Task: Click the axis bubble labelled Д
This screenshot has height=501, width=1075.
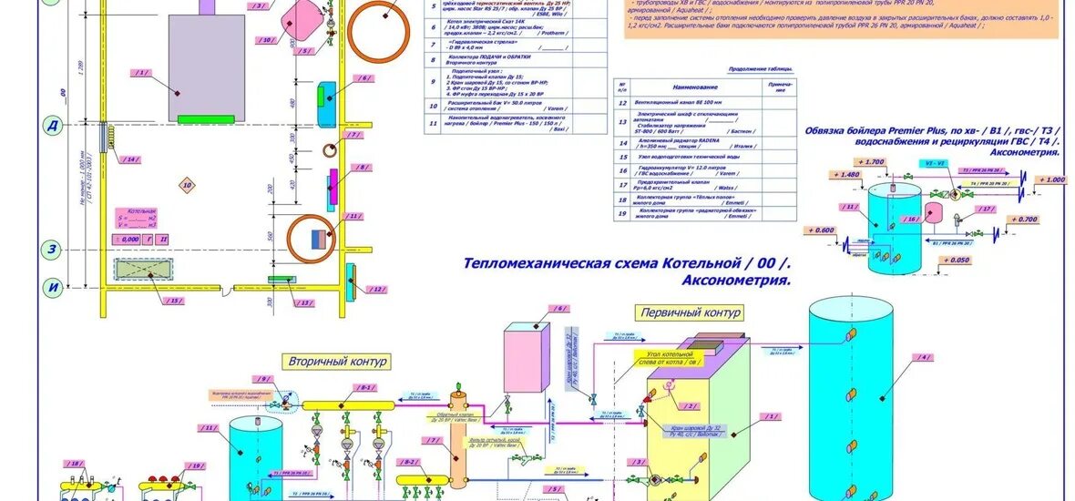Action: pos(53,127)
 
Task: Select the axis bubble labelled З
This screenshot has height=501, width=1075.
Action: pos(53,250)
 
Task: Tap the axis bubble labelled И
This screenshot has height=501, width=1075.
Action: pos(53,286)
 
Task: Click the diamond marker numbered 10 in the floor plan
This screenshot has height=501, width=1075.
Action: pos(187,185)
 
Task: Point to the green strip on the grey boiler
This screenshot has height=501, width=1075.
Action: pos(210,118)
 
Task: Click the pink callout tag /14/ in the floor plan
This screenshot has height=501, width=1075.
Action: pos(132,159)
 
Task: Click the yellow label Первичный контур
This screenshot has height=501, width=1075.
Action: pos(690,312)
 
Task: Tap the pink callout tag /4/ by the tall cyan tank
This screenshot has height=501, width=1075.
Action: pos(925,357)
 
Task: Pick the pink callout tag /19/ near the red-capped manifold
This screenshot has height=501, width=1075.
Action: pos(195,465)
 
